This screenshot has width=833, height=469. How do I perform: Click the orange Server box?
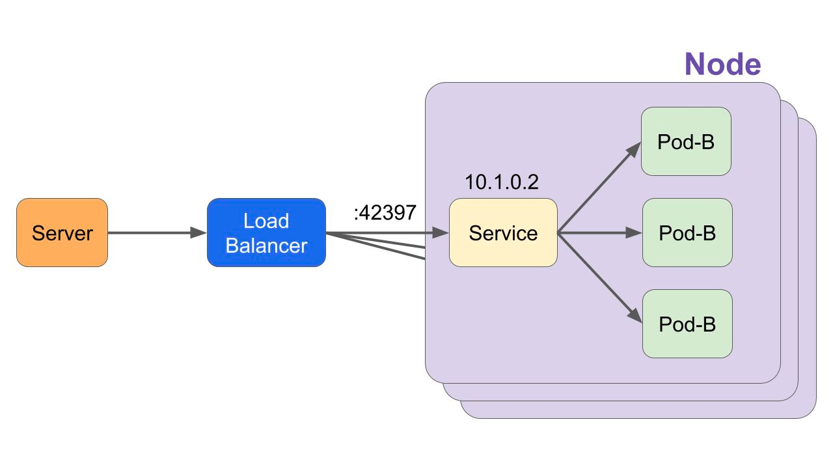(62, 233)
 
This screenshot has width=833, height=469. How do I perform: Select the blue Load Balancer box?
(266, 233)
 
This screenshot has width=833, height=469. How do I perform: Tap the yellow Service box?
(503, 233)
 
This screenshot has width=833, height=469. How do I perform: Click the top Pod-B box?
(686, 141)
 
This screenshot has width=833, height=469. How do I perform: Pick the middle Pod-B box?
(687, 233)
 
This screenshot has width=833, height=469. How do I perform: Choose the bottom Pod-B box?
(687, 324)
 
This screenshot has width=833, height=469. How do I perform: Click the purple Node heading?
(722, 64)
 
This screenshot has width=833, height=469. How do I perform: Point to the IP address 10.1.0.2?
(502, 182)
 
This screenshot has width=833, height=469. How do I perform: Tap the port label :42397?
(385, 213)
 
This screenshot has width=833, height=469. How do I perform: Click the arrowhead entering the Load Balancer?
(198, 233)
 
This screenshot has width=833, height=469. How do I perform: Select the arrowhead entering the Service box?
(441, 233)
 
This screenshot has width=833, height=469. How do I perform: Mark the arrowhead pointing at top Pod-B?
(634, 149)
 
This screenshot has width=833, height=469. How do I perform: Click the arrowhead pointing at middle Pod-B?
(634, 233)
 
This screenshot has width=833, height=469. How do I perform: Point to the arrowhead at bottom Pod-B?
(635, 316)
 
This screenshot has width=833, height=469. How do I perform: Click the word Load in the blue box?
(266, 221)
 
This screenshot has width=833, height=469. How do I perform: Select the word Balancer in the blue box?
(266, 246)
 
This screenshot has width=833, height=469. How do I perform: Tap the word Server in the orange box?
(62, 233)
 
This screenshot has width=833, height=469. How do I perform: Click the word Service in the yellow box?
(503, 233)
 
